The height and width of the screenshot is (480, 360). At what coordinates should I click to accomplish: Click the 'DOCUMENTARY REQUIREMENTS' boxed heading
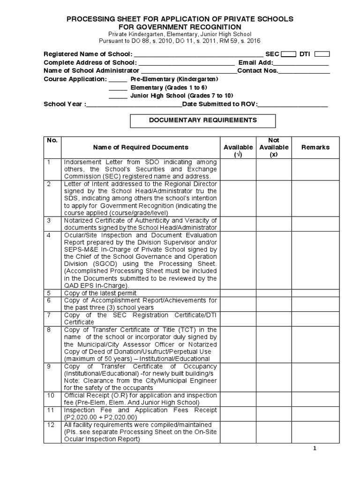click(202, 120)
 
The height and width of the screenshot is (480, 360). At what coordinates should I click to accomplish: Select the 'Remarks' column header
click(315, 147)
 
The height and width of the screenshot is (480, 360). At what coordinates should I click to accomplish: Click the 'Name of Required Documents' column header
click(141, 147)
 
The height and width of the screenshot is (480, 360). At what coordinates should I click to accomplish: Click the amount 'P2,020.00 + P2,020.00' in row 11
click(100, 417)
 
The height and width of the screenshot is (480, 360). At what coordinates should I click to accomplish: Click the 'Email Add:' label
click(255, 63)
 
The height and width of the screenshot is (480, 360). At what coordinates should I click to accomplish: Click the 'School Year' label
click(63, 104)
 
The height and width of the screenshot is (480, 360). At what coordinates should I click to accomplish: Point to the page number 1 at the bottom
click(315, 449)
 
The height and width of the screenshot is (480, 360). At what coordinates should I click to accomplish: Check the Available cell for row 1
click(238, 169)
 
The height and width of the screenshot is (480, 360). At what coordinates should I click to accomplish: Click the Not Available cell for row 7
click(273, 318)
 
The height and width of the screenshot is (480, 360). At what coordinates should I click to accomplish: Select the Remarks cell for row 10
click(315, 398)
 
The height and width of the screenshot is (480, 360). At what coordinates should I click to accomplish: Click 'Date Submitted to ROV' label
click(219, 104)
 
